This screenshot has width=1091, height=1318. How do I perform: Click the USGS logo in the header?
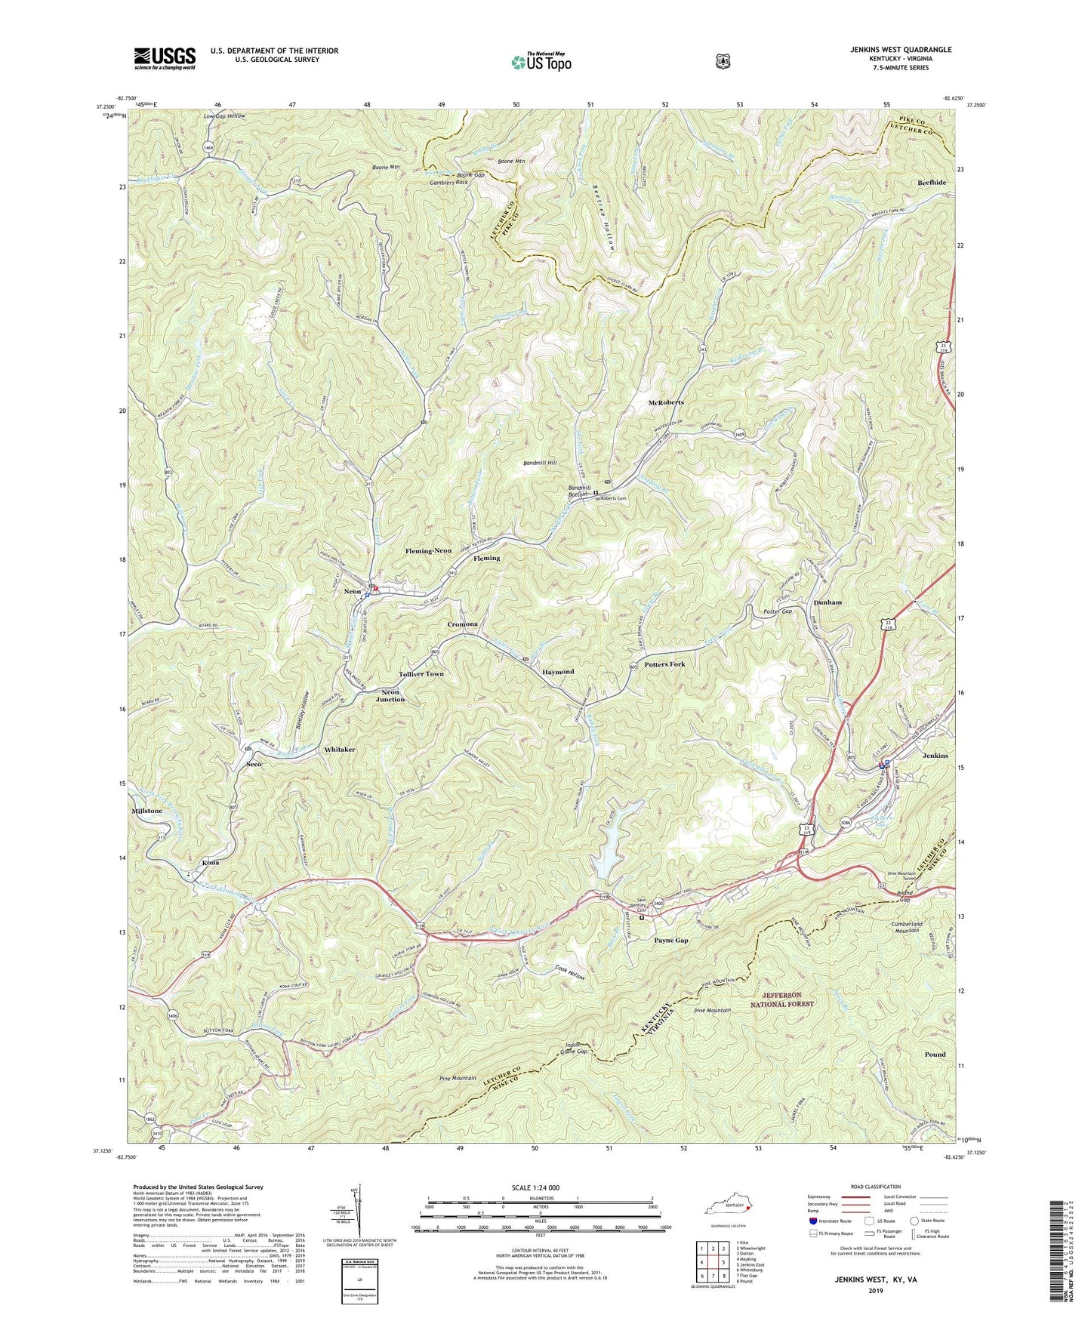pyautogui.click(x=165, y=57)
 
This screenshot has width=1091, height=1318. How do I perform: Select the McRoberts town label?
pyautogui.click(x=666, y=402)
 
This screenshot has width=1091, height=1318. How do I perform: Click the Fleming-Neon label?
pyautogui.click(x=428, y=551)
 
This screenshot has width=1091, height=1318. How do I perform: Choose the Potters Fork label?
pyautogui.click(x=664, y=664)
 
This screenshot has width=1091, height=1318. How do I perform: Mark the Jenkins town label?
pyautogui.click(x=935, y=756)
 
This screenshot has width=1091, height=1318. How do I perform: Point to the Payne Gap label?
pyautogui.click(x=670, y=941)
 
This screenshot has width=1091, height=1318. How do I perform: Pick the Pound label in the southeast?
pyautogui.click(x=935, y=1055)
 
